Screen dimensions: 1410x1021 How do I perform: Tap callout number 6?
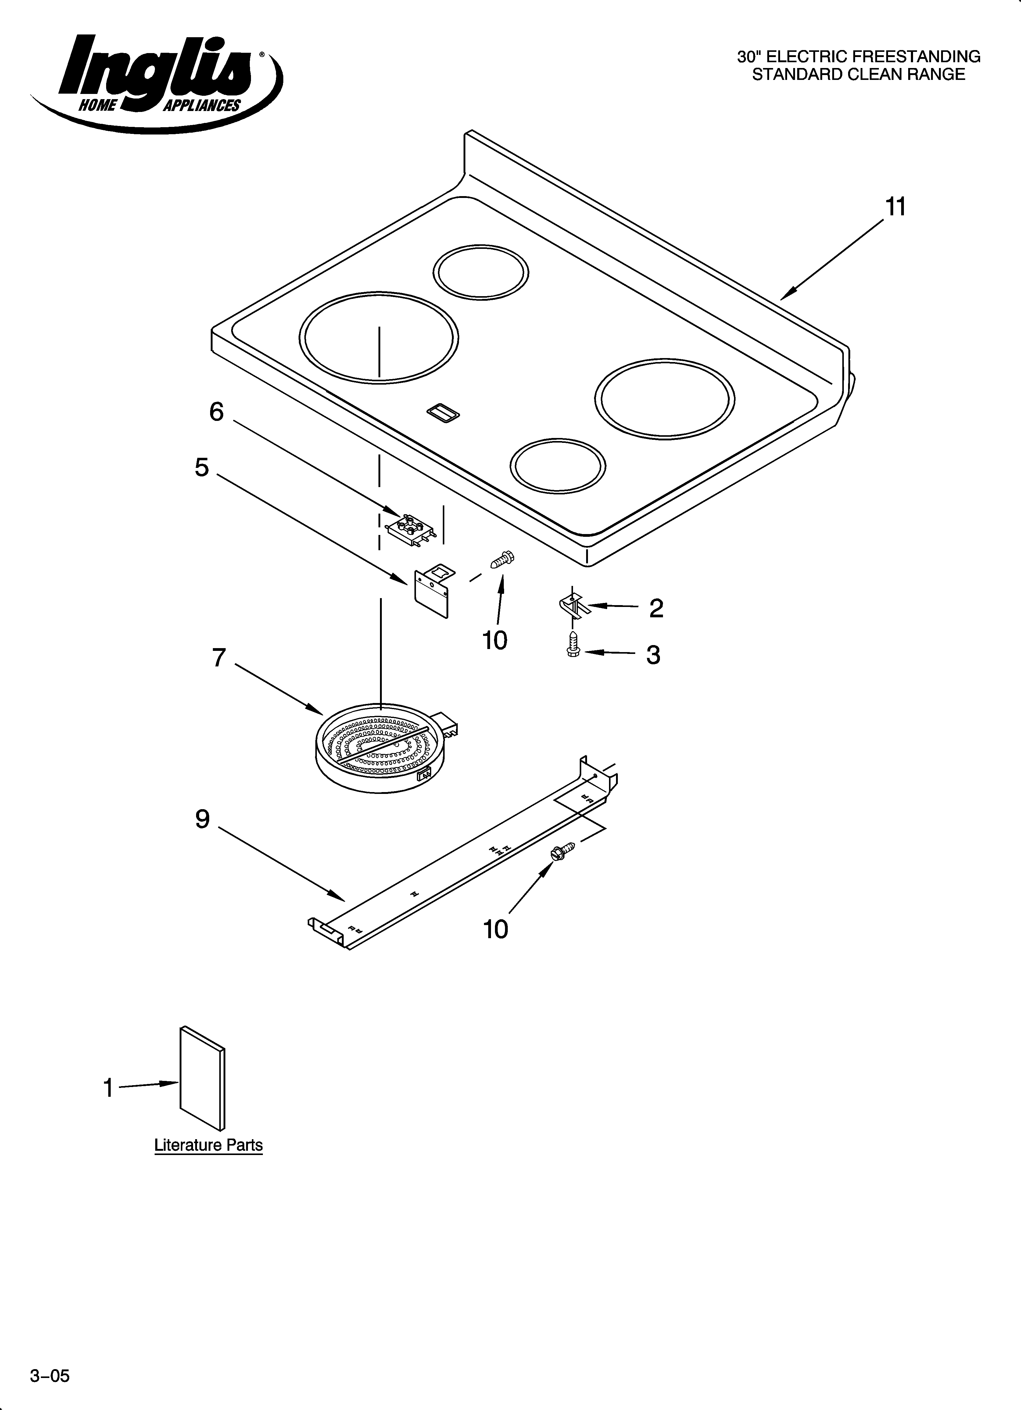pyautogui.click(x=216, y=411)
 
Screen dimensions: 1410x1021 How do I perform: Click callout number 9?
pyautogui.click(x=203, y=820)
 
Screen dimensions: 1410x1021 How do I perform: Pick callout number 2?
pyautogui.click(x=656, y=608)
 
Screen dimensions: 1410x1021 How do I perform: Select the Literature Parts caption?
pyautogui.click(x=208, y=1145)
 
